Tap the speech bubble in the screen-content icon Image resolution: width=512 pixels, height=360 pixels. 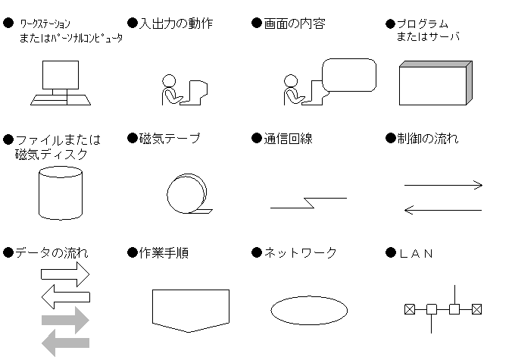tap(349, 74)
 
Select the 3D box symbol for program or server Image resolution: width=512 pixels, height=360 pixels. tap(435, 85)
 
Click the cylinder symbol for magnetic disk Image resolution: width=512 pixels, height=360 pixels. tap(59, 193)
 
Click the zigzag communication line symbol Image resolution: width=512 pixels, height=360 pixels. tap(308, 202)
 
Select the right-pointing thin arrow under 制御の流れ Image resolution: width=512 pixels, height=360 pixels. tap(443, 184)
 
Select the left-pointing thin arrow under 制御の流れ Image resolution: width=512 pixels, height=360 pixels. tap(443, 209)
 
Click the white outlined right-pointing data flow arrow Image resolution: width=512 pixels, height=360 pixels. tap(65, 273)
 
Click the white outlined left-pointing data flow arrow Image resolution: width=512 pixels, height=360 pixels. tap(65, 297)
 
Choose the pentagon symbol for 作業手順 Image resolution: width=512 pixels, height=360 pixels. tap(191, 309)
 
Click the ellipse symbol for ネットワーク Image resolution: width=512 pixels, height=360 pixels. tap(309, 309)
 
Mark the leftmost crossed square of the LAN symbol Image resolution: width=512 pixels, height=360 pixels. tap(409, 309)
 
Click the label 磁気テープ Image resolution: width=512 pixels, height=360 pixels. tap(170, 139)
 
